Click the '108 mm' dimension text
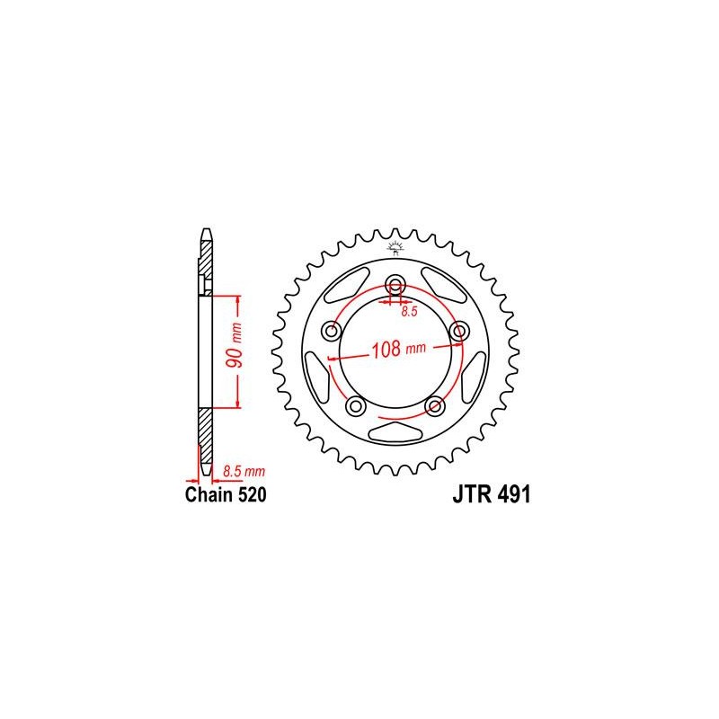point(398,349)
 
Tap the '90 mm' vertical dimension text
point(235,346)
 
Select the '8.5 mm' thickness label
point(244,471)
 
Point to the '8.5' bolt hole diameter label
point(409,312)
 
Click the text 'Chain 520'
point(226,495)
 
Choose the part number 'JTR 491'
point(491,495)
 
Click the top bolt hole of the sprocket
point(395,284)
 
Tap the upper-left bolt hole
point(332,331)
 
